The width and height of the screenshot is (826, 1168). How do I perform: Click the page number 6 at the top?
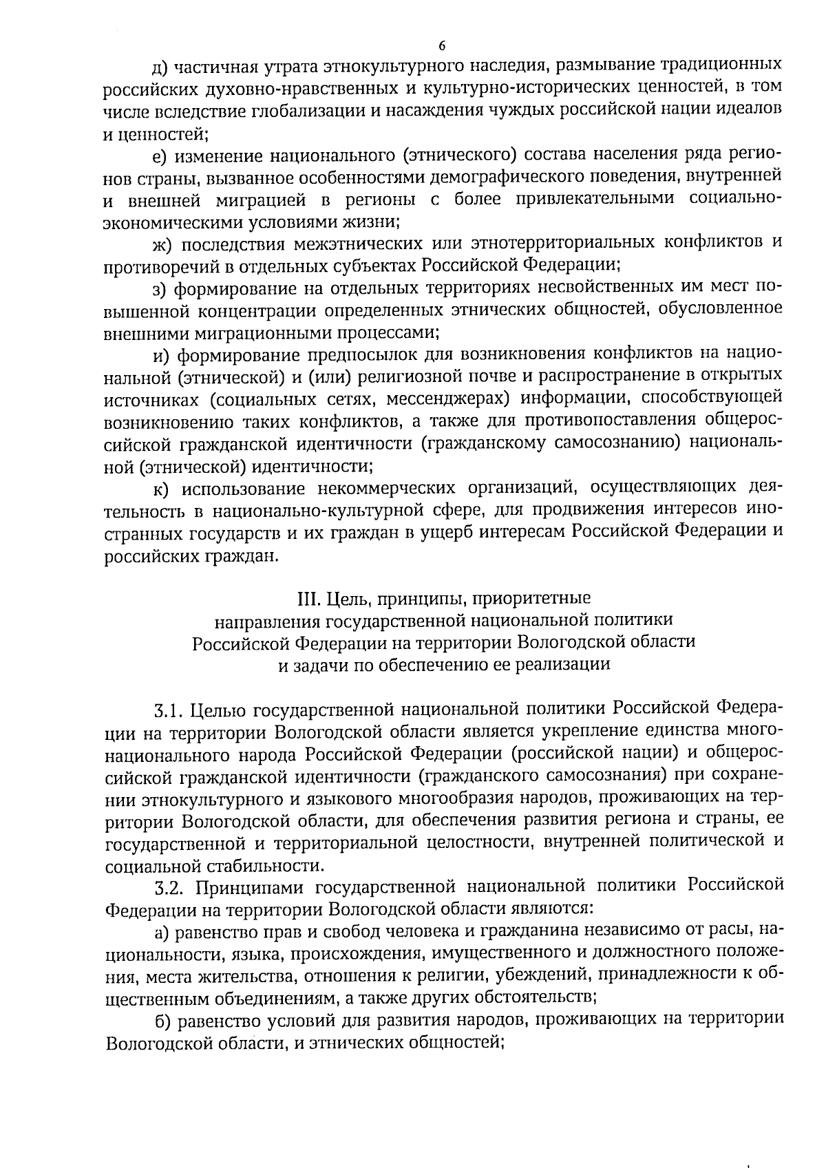441,45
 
